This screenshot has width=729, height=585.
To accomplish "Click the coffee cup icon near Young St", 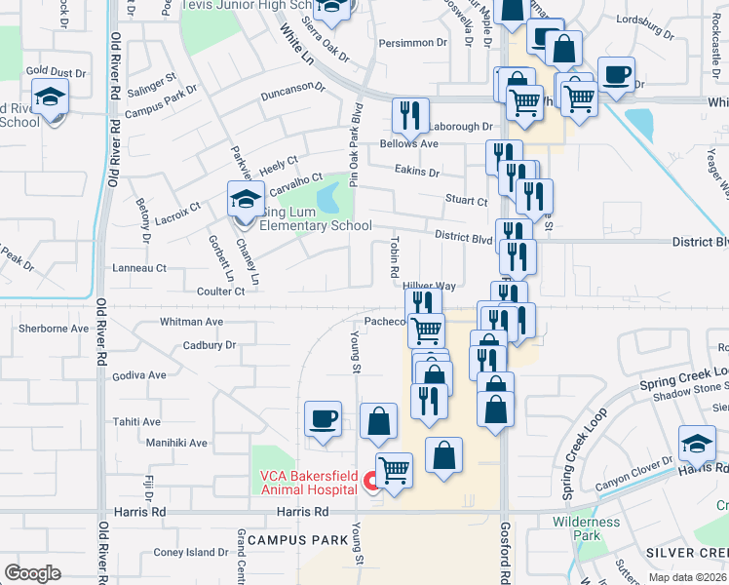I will coord(323,419).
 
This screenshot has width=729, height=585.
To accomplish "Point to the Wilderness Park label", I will coord(586,528).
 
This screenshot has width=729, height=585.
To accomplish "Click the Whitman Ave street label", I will coord(191,321).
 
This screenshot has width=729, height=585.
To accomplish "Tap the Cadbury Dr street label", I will coord(210,345).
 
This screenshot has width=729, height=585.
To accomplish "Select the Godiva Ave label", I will coord(139,374).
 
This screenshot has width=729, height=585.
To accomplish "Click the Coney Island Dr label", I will coord(191,553).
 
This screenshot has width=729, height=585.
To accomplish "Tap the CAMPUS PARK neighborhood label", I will coord(297,539).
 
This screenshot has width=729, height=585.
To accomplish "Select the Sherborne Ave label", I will coord(54,329).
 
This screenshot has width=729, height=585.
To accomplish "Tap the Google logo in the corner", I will coord(32,572).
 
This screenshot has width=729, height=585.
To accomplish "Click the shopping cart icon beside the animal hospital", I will coord(394,471).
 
